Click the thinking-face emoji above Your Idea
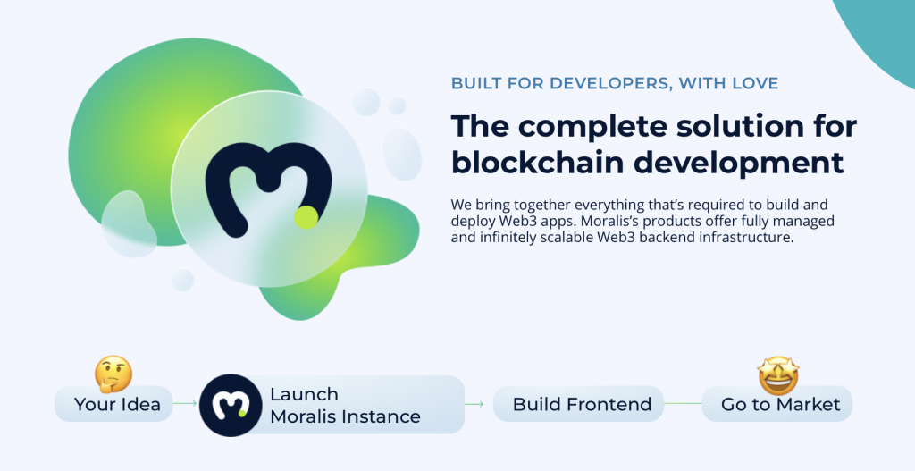(x=113, y=374)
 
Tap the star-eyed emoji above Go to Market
(x=778, y=376)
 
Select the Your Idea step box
(x=113, y=404)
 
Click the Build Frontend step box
(x=578, y=404)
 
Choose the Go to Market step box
(x=776, y=404)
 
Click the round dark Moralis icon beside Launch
(x=231, y=405)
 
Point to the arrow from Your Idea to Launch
(x=186, y=403)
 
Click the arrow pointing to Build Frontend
(x=474, y=403)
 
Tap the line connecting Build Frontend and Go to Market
(x=683, y=403)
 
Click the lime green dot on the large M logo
(x=306, y=217)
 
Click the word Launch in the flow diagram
(x=304, y=394)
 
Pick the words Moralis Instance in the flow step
(x=346, y=416)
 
